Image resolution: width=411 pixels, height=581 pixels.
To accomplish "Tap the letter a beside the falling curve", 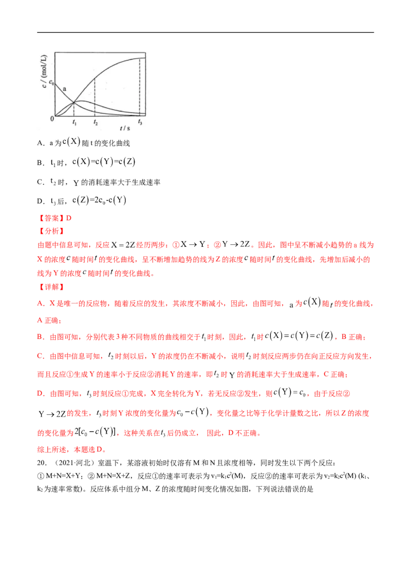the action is (64, 89).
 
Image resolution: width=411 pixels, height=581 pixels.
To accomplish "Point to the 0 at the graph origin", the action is (52, 119).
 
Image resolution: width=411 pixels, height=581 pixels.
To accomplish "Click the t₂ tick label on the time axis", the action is (95, 123).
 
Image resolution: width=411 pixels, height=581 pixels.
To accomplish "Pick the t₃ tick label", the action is (140, 123).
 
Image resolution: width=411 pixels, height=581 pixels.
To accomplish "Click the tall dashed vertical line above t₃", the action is (140, 87).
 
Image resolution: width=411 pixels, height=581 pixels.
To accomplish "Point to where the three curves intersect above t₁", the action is (74, 102).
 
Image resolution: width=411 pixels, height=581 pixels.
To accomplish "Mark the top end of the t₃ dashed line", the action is (140, 58).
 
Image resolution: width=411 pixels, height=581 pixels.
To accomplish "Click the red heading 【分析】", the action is (53, 230).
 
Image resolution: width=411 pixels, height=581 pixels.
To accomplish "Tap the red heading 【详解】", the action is (53, 286).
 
